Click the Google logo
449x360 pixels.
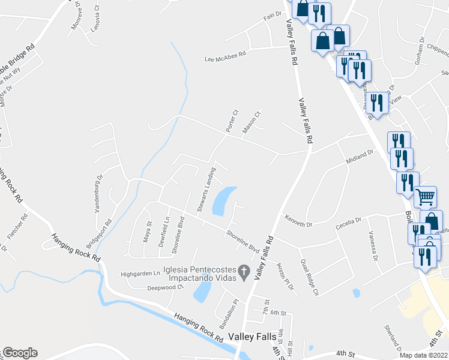coord(20,353)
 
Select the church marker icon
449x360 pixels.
coord(244,272)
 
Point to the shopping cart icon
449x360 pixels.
coord(425,196)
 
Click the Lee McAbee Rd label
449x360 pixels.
coord(226,59)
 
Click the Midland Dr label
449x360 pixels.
coord(360,159)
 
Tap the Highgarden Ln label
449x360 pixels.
coord(142,274)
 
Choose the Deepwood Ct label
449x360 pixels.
coord(165,287)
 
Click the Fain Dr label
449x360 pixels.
coord(272,16)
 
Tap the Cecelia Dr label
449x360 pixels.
coord(349,221)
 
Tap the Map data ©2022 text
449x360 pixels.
coord(424,355)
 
